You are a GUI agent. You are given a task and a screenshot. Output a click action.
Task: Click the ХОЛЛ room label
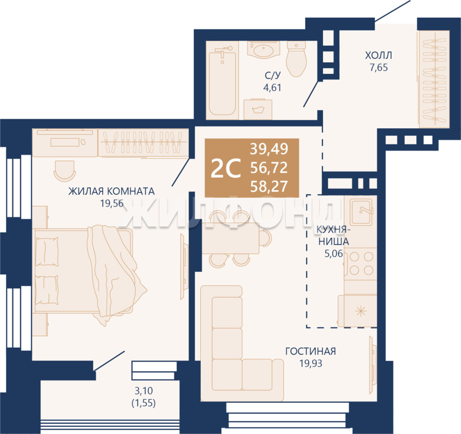pos(378,55)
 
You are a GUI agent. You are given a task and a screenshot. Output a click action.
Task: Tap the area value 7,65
pos(379,68)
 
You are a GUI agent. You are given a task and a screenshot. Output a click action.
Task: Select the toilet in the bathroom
pos(296,59)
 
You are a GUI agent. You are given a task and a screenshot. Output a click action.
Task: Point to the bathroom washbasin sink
pos(264,49)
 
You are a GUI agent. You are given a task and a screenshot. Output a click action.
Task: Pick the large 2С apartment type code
pos(226,168)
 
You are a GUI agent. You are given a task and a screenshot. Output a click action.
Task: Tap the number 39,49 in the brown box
pos(269,149)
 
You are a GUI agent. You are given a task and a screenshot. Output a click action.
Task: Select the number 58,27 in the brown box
pos(269,186)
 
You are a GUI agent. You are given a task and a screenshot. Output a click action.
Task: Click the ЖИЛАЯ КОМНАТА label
pos(111,191)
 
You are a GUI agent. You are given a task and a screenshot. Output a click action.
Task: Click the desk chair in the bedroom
pos(64,170)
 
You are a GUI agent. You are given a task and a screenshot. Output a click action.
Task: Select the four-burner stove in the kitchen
pos(361,264)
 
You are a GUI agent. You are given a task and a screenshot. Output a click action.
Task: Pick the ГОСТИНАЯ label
pos(311,351)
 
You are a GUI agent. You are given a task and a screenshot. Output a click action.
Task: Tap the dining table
pos(231,238)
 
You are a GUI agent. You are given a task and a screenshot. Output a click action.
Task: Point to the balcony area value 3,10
pos(144,391)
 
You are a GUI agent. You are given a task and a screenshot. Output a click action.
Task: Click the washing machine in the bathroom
pos(258,109)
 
